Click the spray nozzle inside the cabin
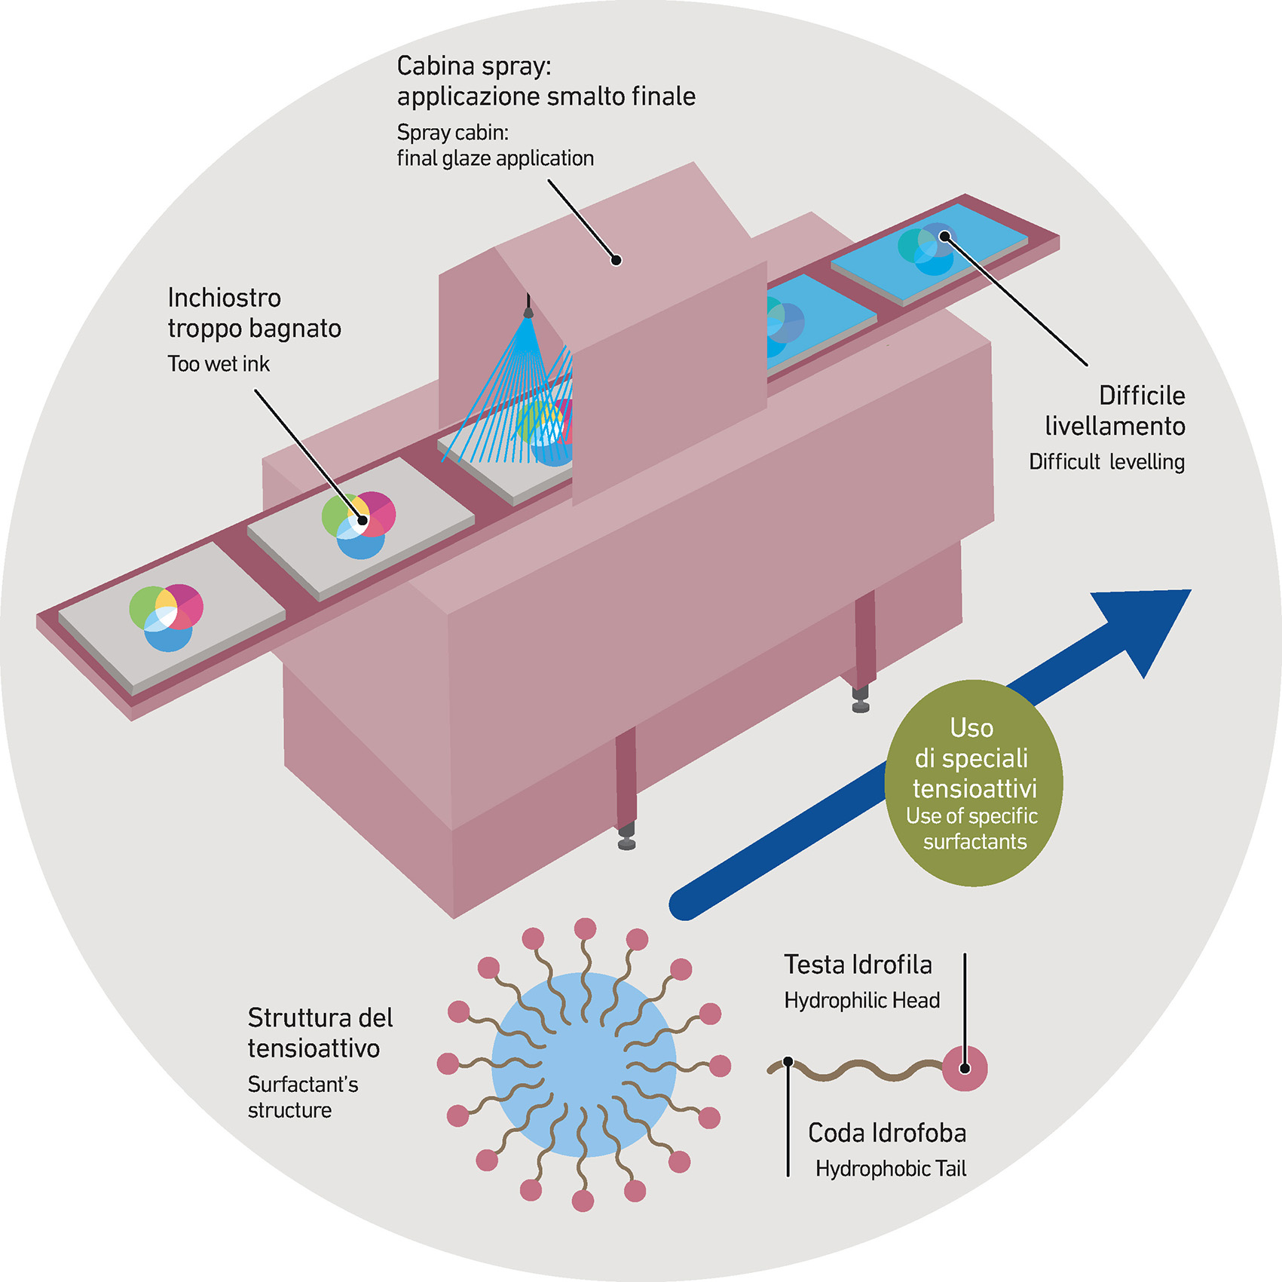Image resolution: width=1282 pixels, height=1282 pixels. (528, 310)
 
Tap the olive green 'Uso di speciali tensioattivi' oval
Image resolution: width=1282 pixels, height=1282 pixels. (973, 783)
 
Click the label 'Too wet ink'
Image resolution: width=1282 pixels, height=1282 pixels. (219, 364)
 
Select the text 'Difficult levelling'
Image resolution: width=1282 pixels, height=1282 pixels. (1106, 461)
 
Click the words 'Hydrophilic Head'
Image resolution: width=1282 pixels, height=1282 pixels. (861, 1000)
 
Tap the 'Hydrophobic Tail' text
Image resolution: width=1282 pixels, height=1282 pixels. (890, 1168)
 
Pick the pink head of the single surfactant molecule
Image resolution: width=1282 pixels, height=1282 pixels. (965, 1068)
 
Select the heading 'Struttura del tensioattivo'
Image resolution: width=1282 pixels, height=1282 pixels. (320, 1033)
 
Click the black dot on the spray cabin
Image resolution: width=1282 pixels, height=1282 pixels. (616, 260)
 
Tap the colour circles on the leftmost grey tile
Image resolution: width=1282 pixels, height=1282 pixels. (167, 617)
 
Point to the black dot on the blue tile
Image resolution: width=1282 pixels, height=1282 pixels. (944, 237)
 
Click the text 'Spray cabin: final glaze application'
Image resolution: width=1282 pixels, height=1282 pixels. (495, 145)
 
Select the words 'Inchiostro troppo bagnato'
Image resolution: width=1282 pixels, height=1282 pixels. (254, 313)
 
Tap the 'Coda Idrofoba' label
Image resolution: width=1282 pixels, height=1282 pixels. (886, 1133)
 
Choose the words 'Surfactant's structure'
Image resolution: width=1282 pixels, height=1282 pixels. (302, 1097)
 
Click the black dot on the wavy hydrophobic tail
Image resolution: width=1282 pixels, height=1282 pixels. (788, 1061)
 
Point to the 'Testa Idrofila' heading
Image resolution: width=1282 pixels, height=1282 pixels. (858, 965)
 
